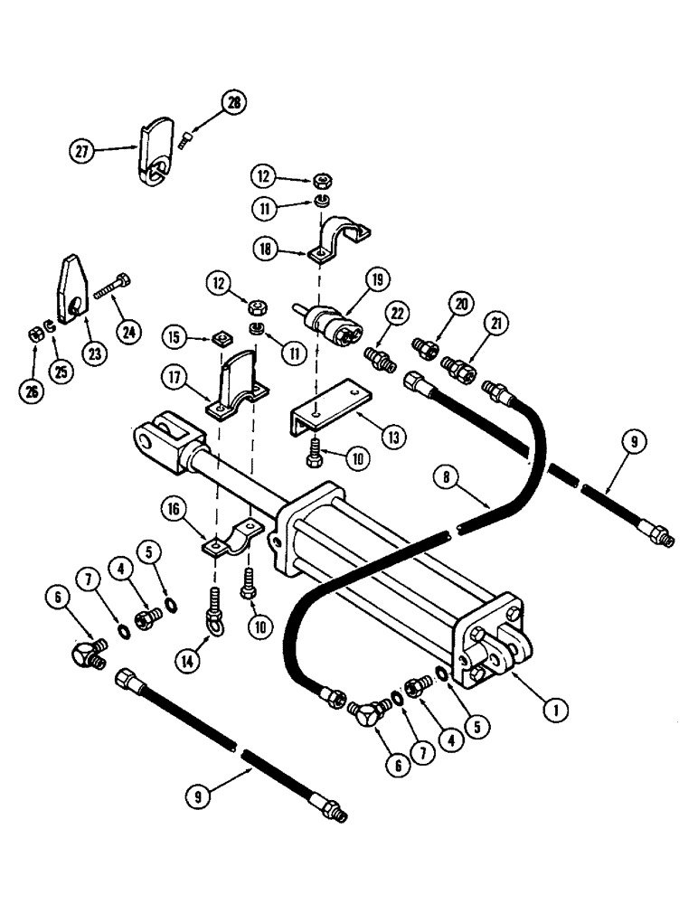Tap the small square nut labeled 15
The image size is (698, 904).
[217, 340]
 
